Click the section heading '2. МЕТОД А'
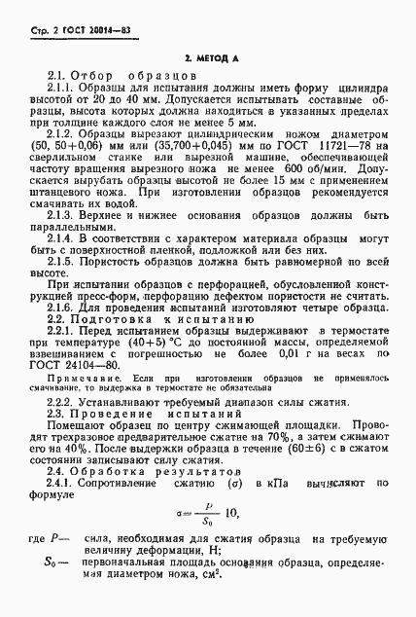[x=210, y=59]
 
